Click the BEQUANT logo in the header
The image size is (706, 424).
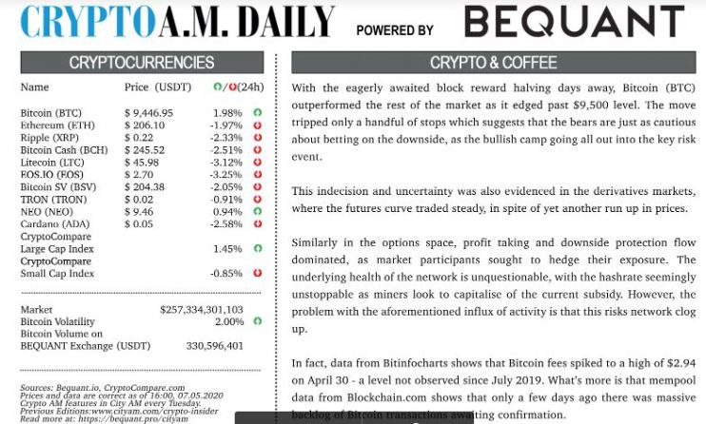coord(574,22)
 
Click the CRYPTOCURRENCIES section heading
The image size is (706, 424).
coord(142,63)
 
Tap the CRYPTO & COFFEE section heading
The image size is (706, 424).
coord(493,63)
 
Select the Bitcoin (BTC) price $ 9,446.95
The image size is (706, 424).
coord(148,113)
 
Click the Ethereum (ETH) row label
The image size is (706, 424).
coord(57,125)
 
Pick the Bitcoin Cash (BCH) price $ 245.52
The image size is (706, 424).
coord(145,150)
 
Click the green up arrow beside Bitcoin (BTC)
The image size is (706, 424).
coord(257,113)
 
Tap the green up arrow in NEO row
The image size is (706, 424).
coord(257,212)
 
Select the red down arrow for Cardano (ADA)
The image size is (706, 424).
coord(257,224)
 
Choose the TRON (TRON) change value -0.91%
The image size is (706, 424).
coord(226,200)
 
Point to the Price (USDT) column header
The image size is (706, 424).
coord(157,87)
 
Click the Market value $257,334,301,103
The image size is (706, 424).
coord(201,310)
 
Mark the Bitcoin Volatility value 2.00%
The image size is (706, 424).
coord(229,322)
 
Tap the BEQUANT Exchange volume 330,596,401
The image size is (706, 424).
coord(215,346)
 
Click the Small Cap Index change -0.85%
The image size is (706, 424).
coord(226,274)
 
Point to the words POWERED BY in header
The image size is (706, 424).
coord(395,30)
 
